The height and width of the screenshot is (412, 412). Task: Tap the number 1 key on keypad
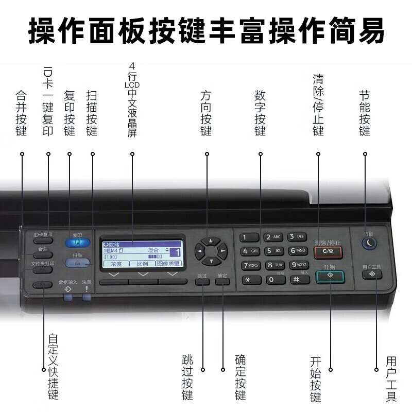click(x=249, y=237)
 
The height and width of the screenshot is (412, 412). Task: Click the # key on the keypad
click(x=299, y=279)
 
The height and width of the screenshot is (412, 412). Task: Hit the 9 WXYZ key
click(x=299, y=265)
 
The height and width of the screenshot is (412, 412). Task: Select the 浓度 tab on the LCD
click(x=116, y=264)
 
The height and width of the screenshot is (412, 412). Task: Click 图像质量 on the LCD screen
click(x=168, y=264)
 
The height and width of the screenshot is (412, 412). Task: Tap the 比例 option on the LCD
click(x=142, y=264)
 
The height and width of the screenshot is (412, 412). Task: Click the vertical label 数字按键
click(x=260, y=113)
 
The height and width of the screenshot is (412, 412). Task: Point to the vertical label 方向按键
click(x=206, y=113)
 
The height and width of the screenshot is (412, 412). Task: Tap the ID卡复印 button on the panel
click(x=43, y=235)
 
